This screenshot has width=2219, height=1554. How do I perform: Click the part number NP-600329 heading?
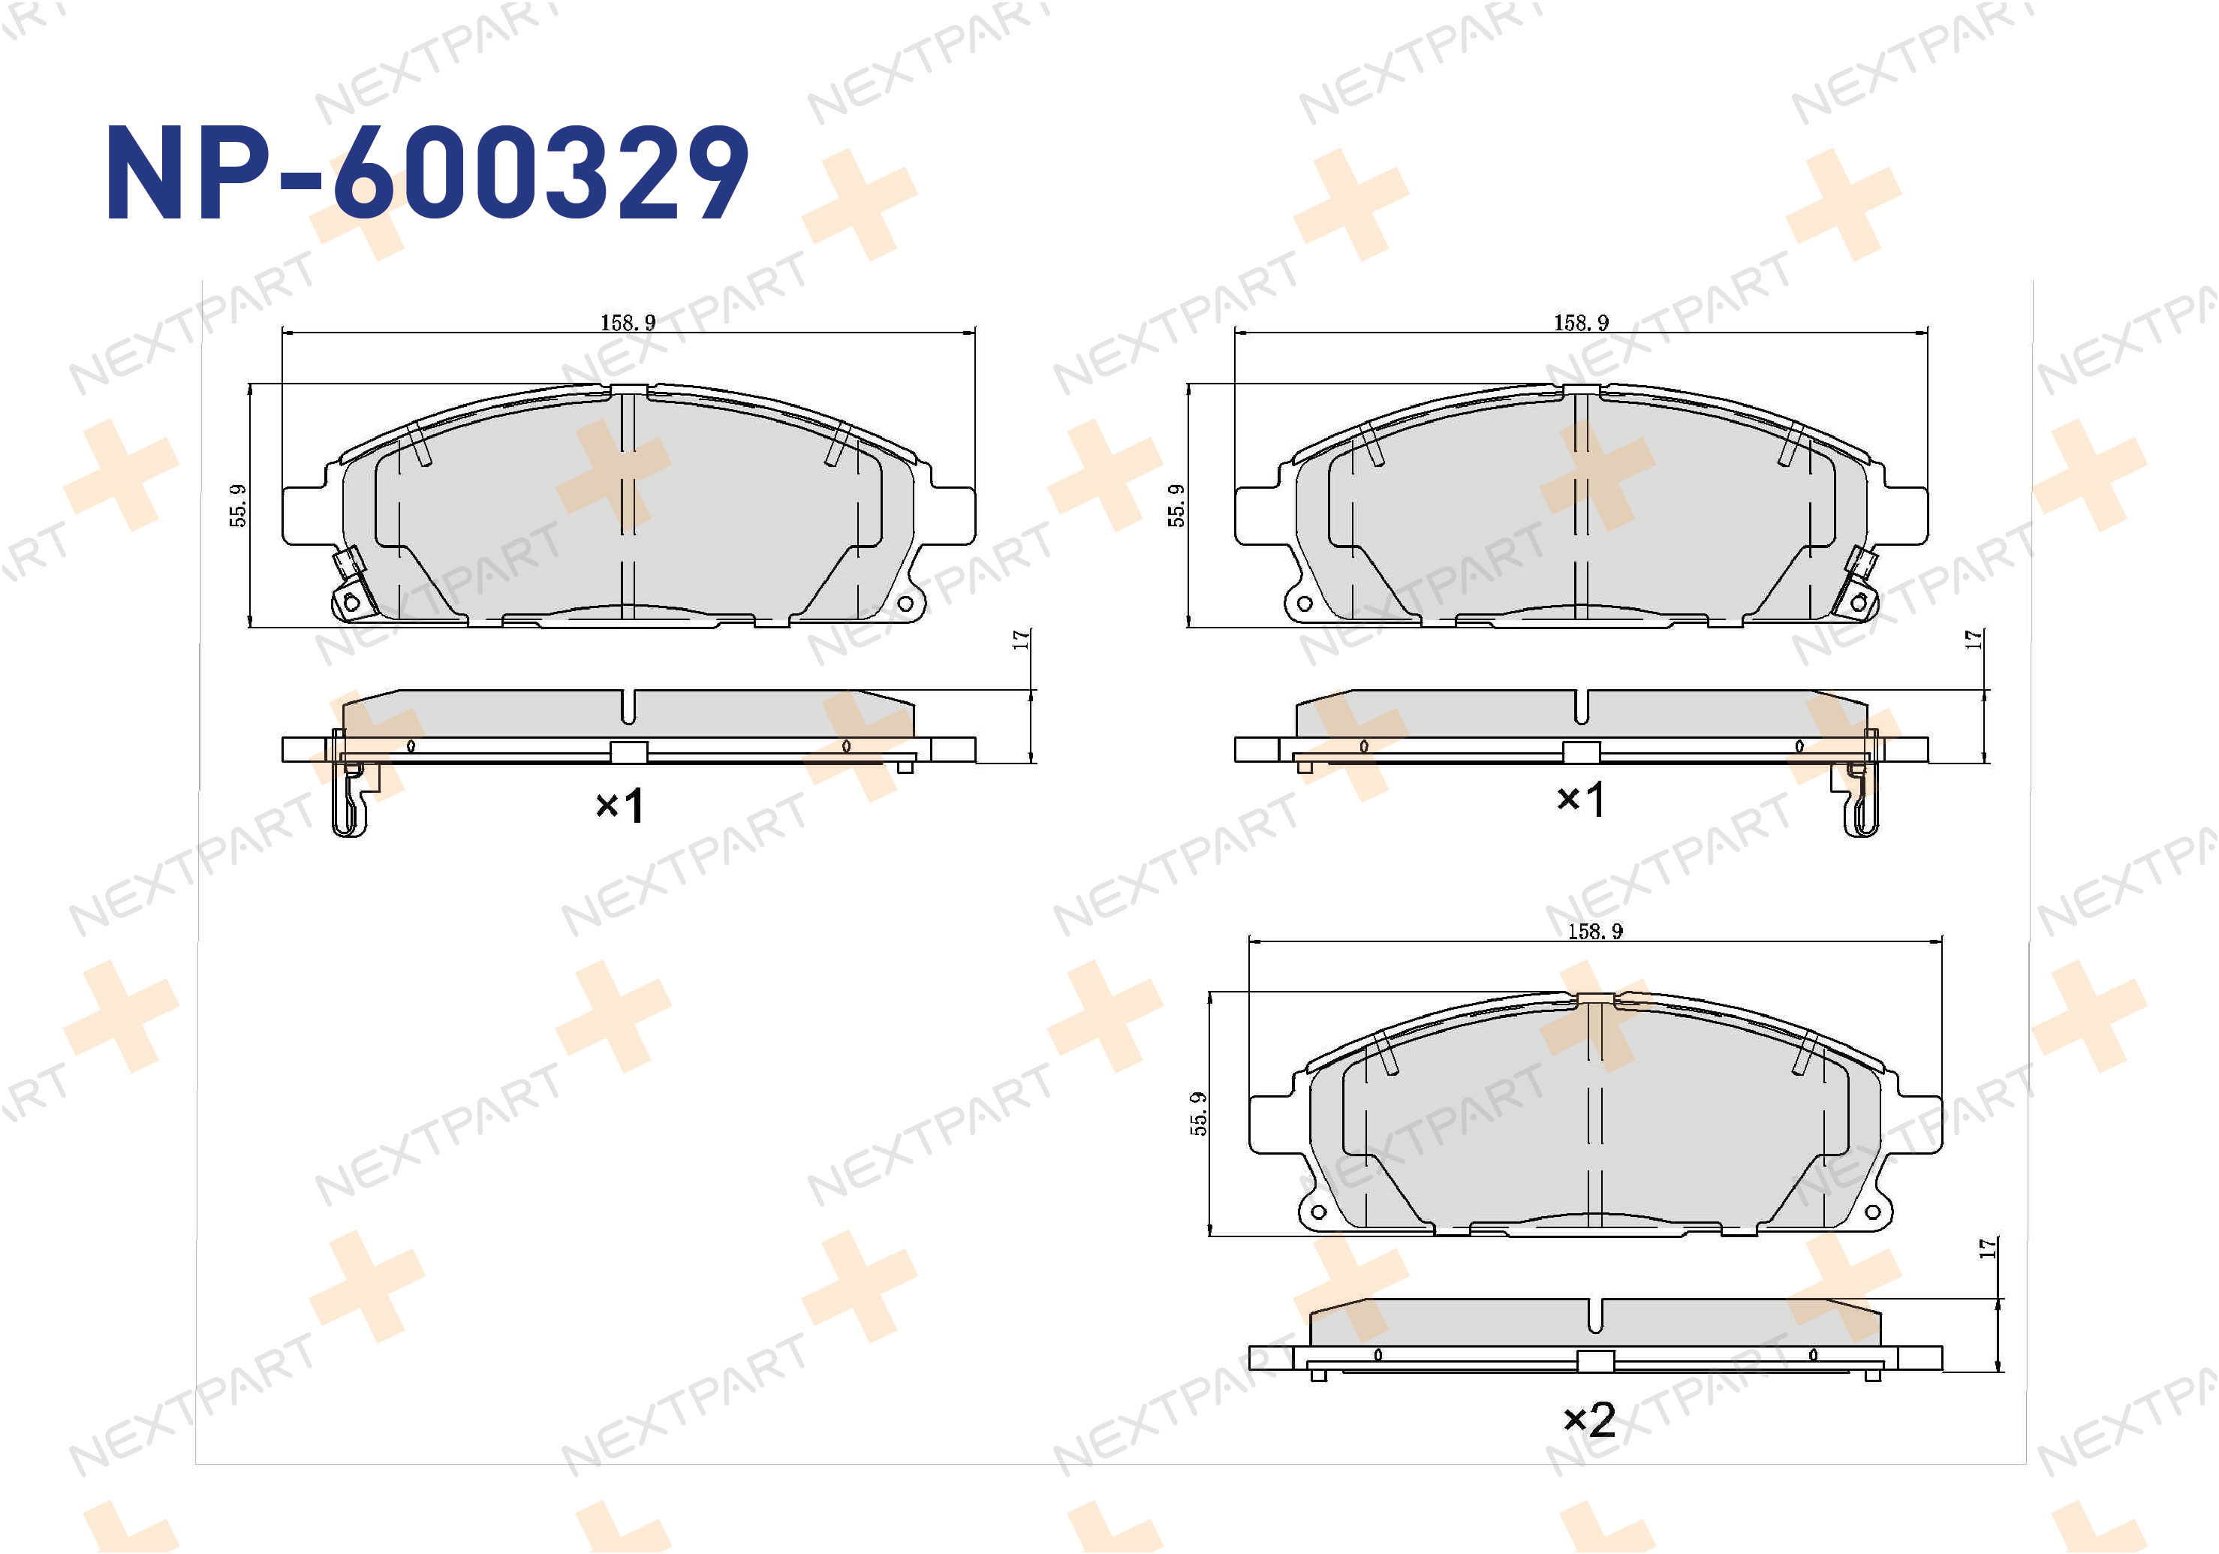(x=426, y=174)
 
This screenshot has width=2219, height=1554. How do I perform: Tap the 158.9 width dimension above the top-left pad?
(x=628, y=323)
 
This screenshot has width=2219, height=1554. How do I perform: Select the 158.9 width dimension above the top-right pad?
(x=1581, y=323)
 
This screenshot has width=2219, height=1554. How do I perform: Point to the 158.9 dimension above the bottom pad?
(x=1594, y=932)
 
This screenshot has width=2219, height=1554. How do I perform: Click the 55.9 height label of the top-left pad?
(x=238, y=505)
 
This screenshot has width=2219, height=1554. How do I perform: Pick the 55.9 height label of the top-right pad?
(x=1176, y=505)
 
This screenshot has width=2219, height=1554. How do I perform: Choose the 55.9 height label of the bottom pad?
(x=1198, y=1114)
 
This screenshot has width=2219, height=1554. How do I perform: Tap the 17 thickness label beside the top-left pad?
(x=1021, y=640)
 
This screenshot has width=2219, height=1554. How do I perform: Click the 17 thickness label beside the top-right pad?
(x=1974, y=640)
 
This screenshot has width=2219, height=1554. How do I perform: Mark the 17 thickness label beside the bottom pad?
(x=1988, y=1248)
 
